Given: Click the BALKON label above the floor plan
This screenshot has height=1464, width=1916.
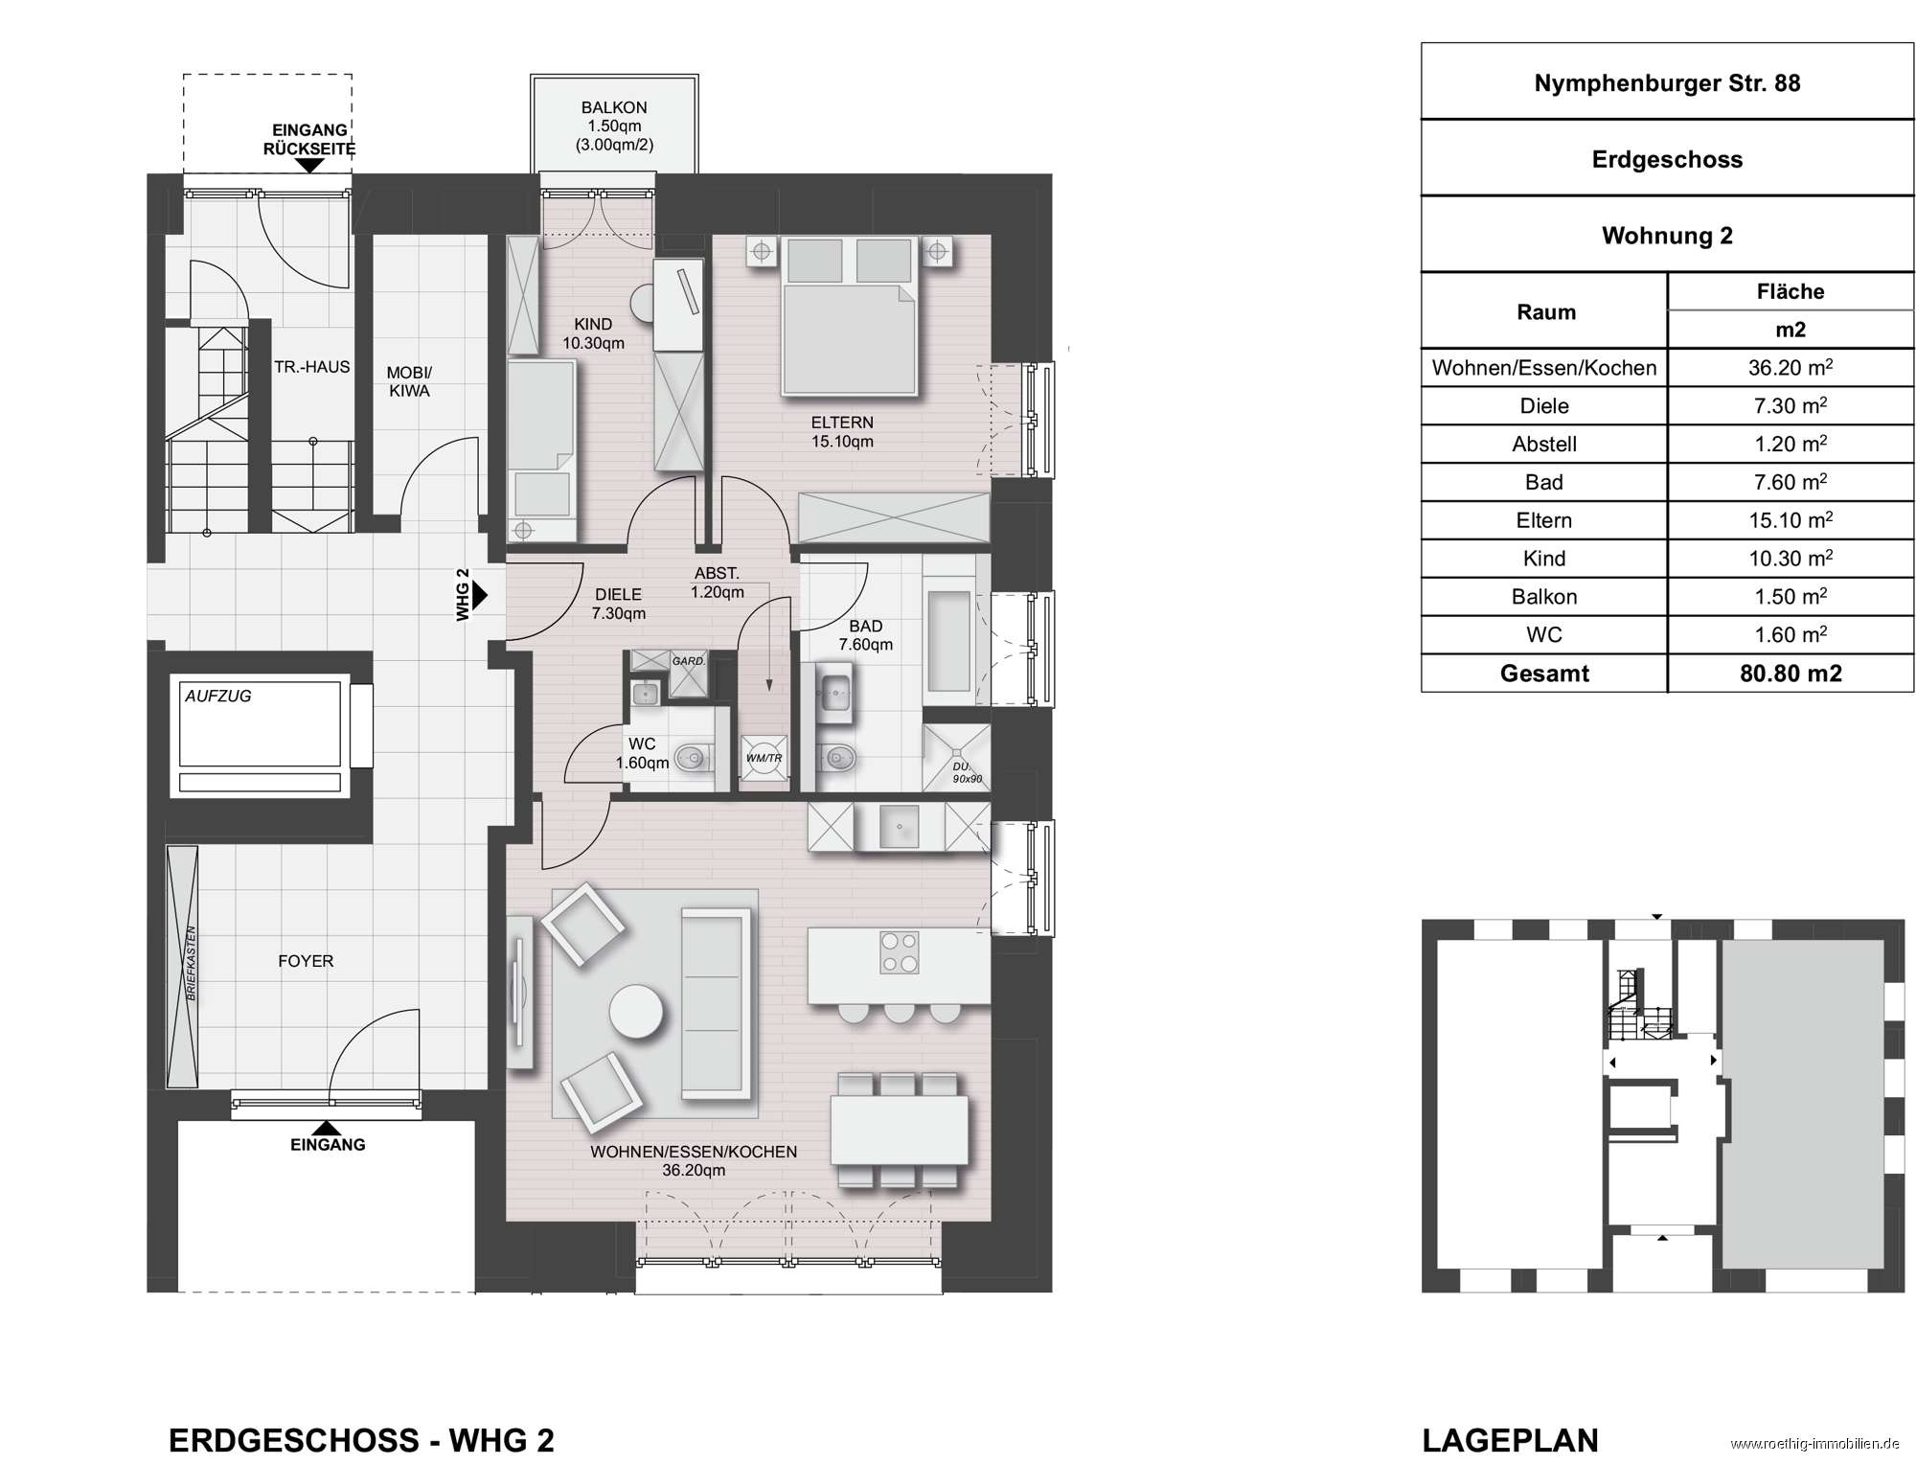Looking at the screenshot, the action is coord(614,107).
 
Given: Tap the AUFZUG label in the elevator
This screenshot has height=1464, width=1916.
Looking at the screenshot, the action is coord(218,697).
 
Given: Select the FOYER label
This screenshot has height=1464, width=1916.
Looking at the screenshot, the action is coord(306,961).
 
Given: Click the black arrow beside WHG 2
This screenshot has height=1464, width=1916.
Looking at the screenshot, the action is coord(480,595).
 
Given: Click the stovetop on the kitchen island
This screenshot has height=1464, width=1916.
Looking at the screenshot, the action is coord(899,952).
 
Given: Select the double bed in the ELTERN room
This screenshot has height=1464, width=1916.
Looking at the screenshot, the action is coord(850,316).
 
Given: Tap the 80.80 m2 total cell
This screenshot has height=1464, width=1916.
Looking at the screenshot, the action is coord(1791,674).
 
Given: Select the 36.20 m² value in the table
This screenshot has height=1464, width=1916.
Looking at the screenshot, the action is coord(1791,368).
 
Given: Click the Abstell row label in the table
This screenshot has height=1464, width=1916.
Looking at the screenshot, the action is coord(1544,445).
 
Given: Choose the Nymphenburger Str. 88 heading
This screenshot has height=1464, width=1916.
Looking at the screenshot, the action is coord(1667,83).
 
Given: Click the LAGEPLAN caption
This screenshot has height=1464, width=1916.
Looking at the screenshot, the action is coord(1511,1440).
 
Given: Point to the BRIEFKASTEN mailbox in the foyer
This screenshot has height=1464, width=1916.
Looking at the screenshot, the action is coord(182,967).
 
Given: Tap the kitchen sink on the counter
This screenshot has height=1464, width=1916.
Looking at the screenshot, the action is coord(899,826).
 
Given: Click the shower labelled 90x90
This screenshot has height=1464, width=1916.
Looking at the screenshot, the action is coord(956,758).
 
